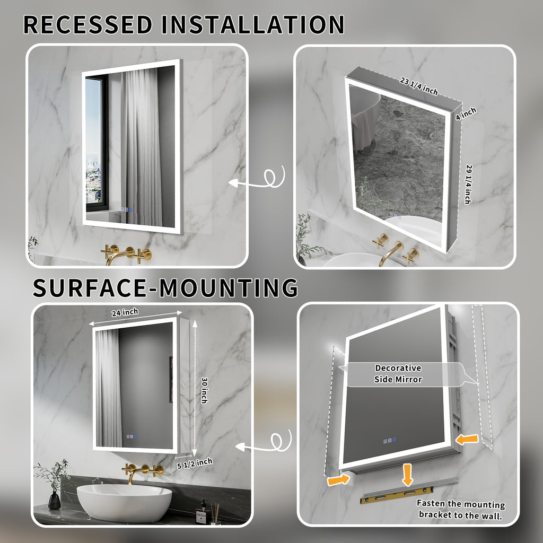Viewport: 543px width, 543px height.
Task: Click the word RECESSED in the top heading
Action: tap(88, 24)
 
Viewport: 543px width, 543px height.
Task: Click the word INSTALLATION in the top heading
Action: tap(253, 24)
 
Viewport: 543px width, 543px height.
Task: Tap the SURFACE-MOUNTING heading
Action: tap(165, 288)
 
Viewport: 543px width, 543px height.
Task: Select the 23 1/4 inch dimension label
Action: tap(419, 86)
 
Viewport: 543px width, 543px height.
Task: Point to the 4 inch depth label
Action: tap(466, 113)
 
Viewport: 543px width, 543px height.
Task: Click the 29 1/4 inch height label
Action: tap(468, 184)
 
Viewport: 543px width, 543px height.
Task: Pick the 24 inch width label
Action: tap(125, 312)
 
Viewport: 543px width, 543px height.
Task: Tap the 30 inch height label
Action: tap(204, 390)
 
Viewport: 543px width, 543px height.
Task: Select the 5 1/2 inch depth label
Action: tap(195, 463)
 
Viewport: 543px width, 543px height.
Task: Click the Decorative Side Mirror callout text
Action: tap(398, 374)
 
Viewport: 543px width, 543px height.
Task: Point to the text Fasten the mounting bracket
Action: tap(461, 509)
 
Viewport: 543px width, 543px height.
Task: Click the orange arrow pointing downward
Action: tap(408, 475)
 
